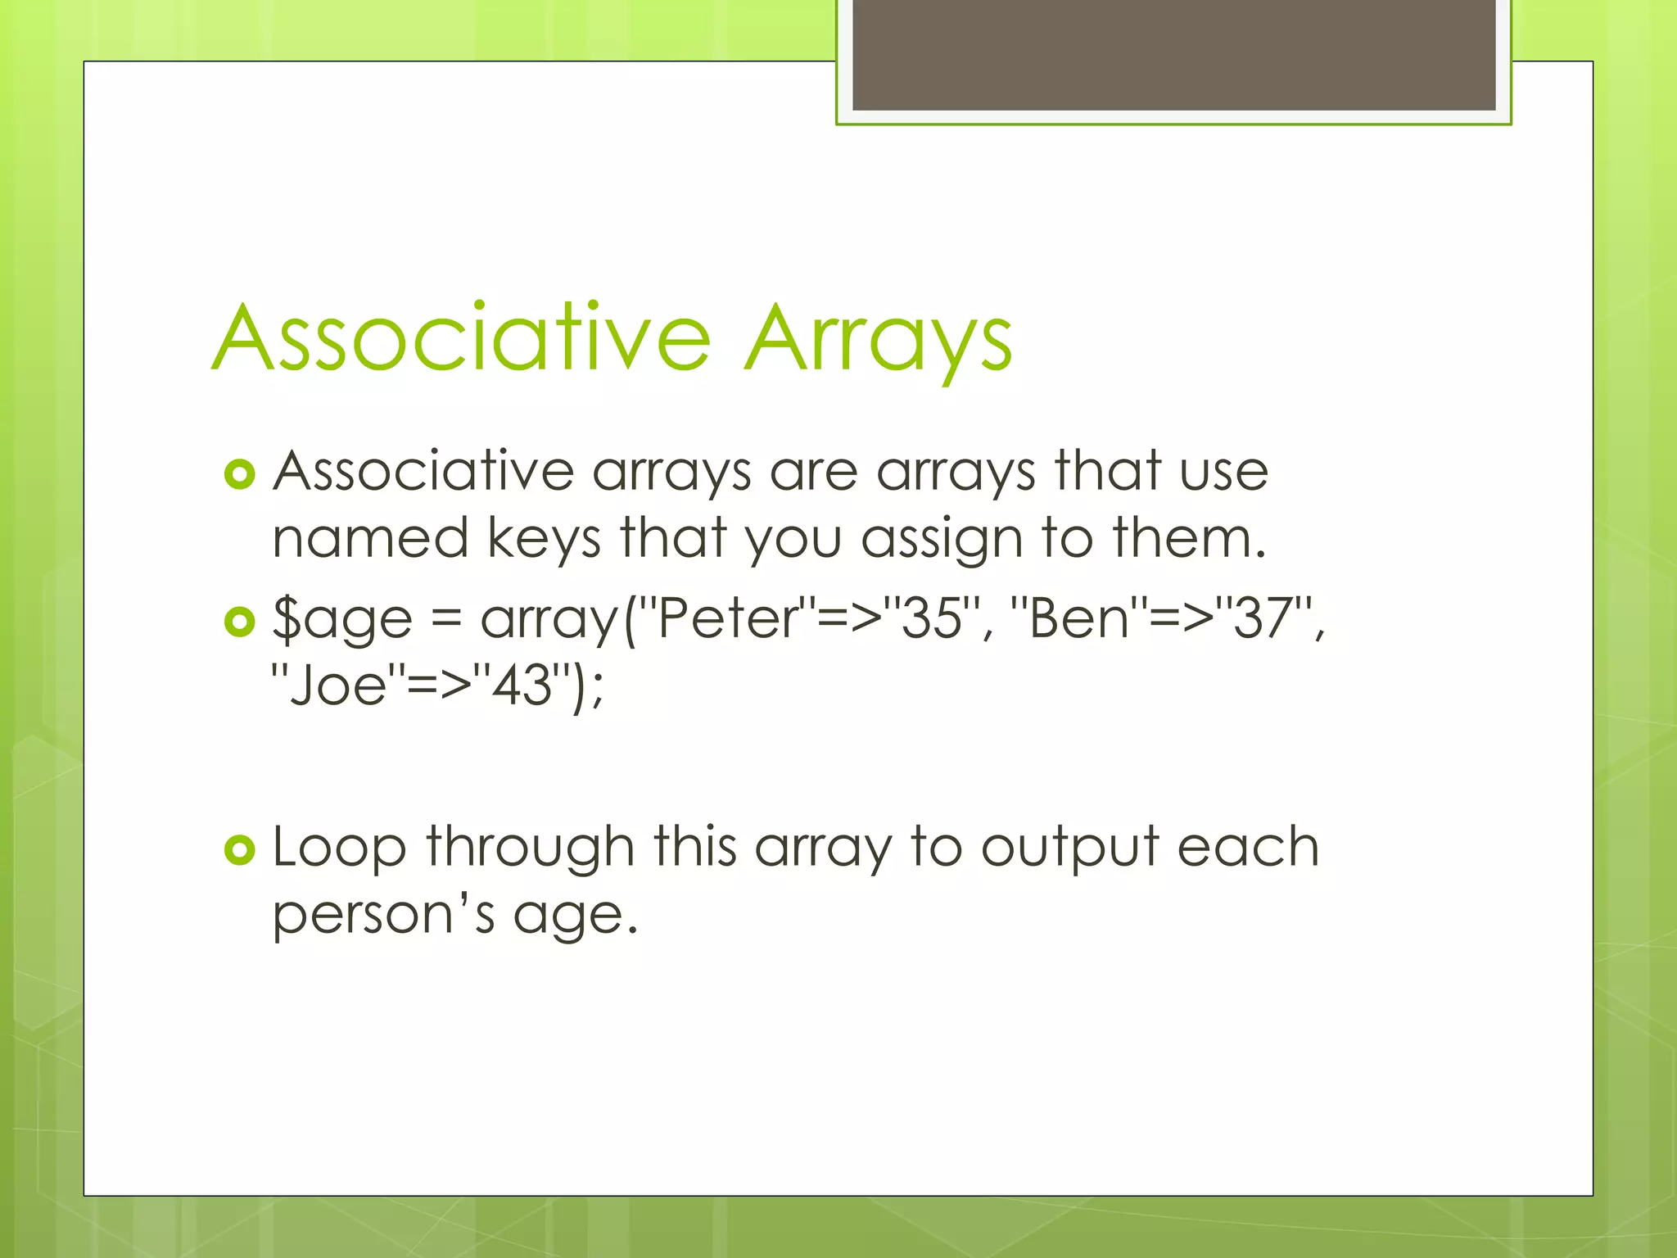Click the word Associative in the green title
coord(461,338)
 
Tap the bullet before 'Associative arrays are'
coord(239,474)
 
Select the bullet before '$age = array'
coord(239,622)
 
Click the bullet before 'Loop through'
coord(239,851)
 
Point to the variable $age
coord(342,620)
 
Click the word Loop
coord(338,848)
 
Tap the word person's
coord(383,915)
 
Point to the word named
coord(370,539)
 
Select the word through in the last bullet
coord(530,848)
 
